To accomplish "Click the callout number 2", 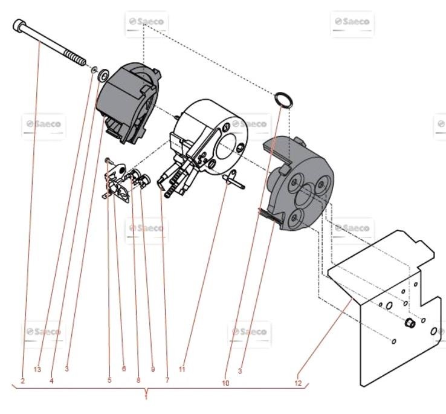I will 22,381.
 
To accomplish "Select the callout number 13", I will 37,369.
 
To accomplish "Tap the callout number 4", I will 51,381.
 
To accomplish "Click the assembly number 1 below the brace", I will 146,396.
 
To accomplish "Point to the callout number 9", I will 152,369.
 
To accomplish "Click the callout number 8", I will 138,381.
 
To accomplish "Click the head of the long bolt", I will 19,25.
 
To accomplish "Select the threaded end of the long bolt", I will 76,59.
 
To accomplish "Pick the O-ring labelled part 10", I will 283,99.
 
